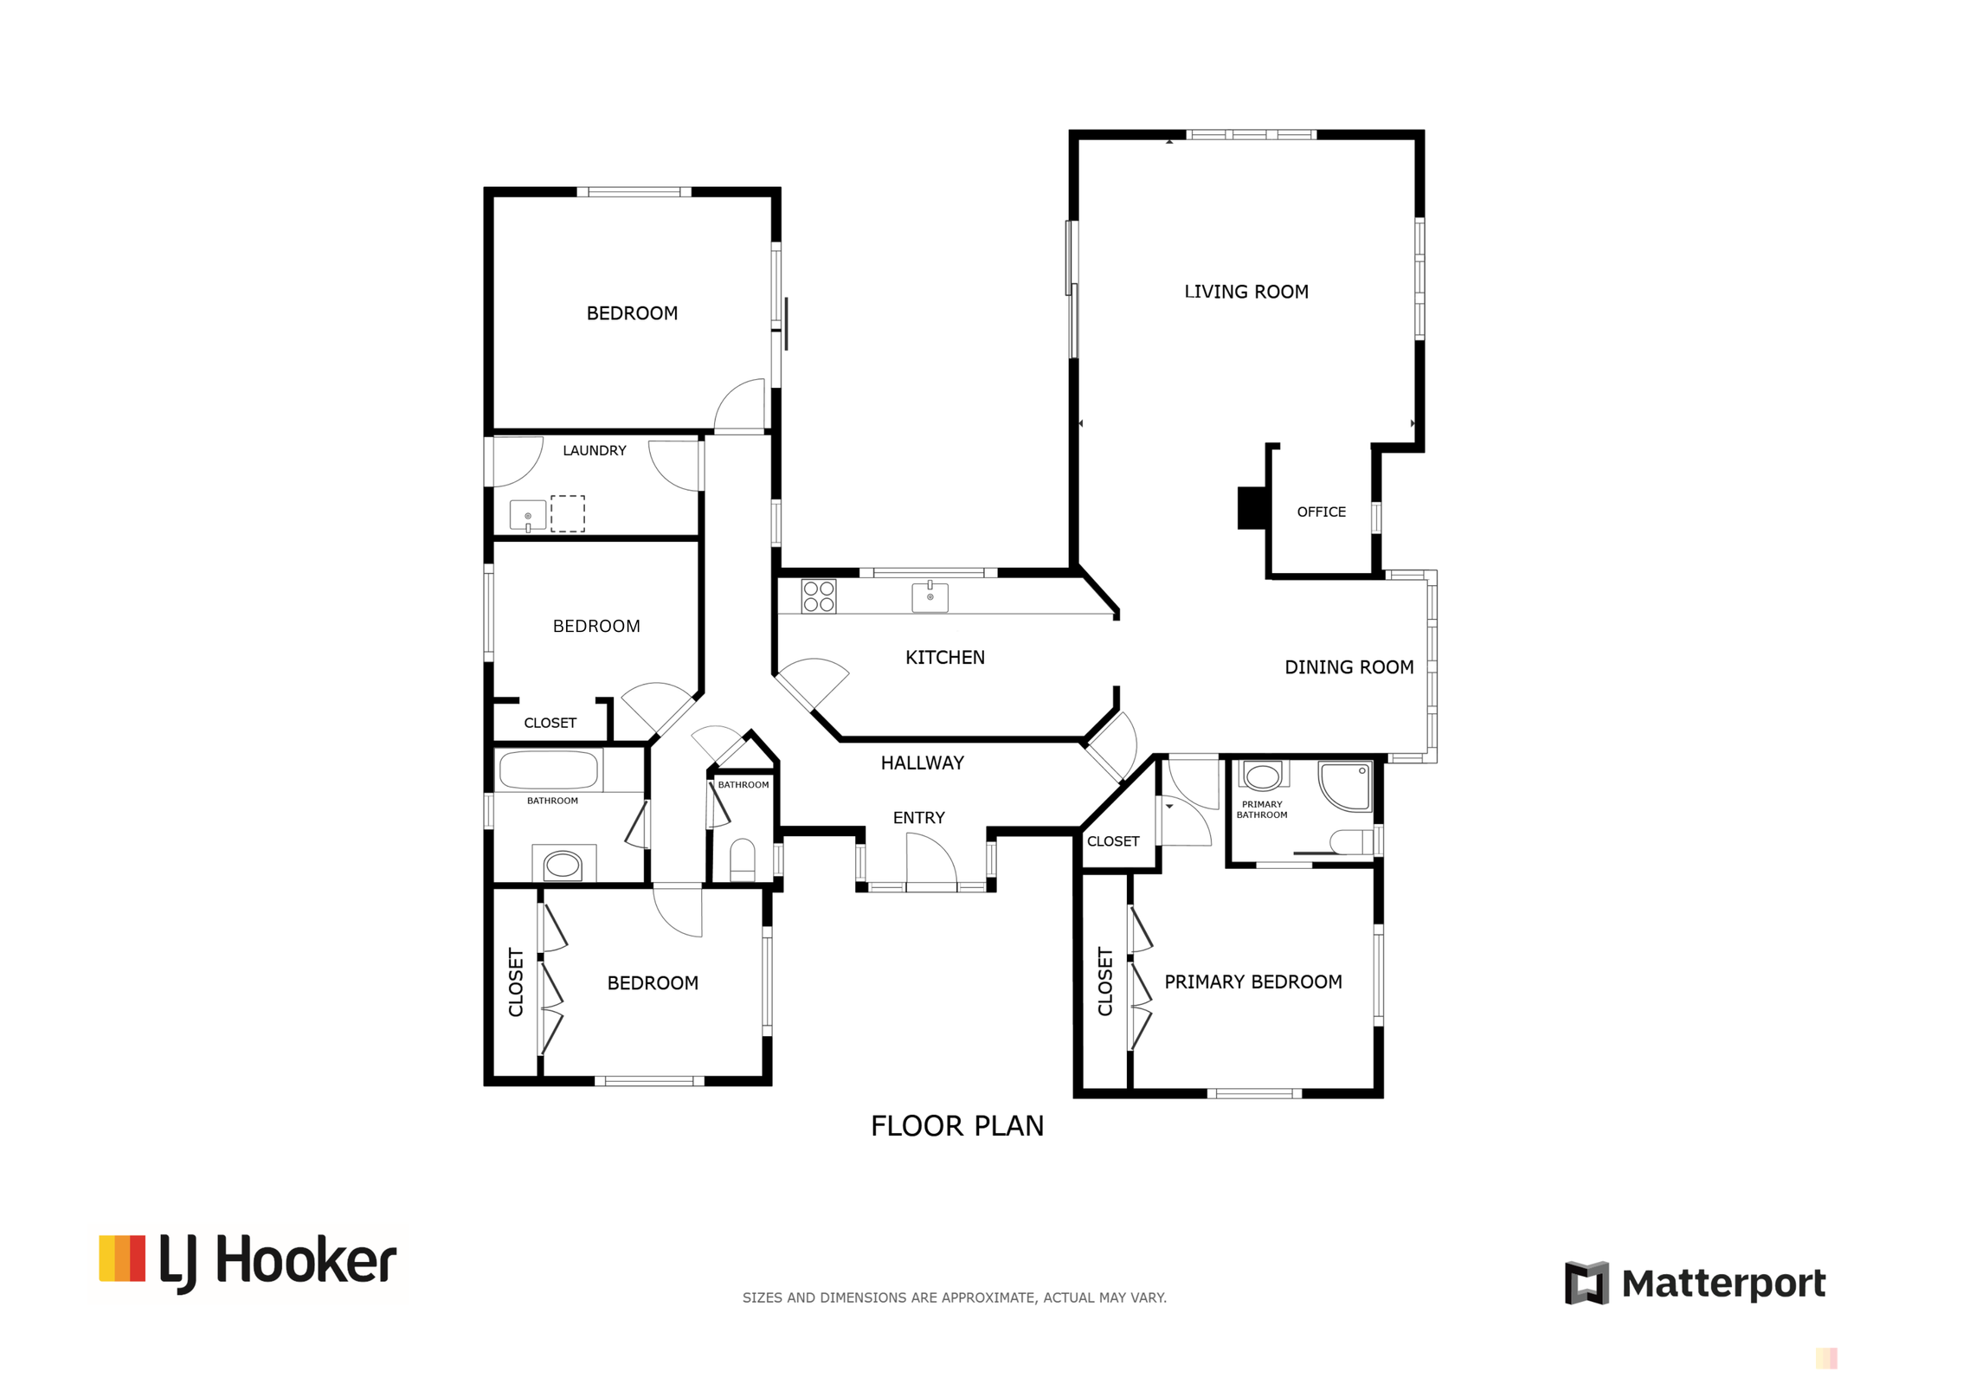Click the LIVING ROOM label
(x=1245, y=292)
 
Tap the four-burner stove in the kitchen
(x=818, y=596)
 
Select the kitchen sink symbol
(x=930, y=597)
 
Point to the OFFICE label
(x=1321, y=512)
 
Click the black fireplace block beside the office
(x=1251, y=508)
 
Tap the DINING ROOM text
(x=1348, y=667)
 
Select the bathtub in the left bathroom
(x=549, y=769)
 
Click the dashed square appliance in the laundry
(x=567, y=513)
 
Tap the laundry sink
(x=527, y=515)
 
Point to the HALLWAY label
(x=922, y=763)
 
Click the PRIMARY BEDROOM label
(x=1252, y=982)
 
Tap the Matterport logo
(x=1694, y=1283)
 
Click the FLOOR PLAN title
(x=956, y=1126)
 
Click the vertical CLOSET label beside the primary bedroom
(x=1104, y=981)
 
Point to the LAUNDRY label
(x=594, y=450)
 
